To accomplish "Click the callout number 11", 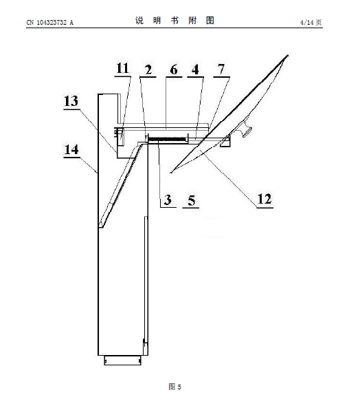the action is coord(122,68).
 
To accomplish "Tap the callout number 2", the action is coord(148,69).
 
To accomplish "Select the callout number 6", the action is coord(174,69).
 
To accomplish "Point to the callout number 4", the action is coord(195,69).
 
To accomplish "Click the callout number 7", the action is coord(221,69).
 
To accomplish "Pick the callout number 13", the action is coord(71,101).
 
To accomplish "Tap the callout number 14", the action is coord(71,149).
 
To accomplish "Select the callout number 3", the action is coord(168,200).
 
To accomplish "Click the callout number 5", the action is coord(191,200).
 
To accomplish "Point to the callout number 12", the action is coord(265,199).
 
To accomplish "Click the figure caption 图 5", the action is coord(175,387).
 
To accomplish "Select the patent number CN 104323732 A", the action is coord(50,23).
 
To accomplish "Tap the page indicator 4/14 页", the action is coord(311,23).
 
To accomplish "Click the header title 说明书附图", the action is coord(175,20).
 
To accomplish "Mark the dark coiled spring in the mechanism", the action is coord(168,140).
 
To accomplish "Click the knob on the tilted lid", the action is coord(247,129).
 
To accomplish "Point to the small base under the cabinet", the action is coord(122,361).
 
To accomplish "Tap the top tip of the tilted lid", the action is coord(288,55).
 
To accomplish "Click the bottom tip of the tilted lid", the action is coord(171,172).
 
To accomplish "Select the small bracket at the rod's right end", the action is coord(225,141).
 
